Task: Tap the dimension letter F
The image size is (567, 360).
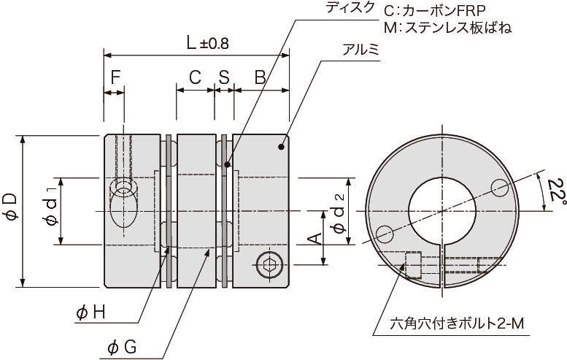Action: coord(115,77)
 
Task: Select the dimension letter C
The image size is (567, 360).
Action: coord(195,77)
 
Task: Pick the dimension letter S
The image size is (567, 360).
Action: coord(223,77)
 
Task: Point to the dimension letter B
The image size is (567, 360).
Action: coord(259,77)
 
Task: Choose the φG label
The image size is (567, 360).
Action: coord(121,348)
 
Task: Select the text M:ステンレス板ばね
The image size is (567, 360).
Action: coord(447,28)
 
